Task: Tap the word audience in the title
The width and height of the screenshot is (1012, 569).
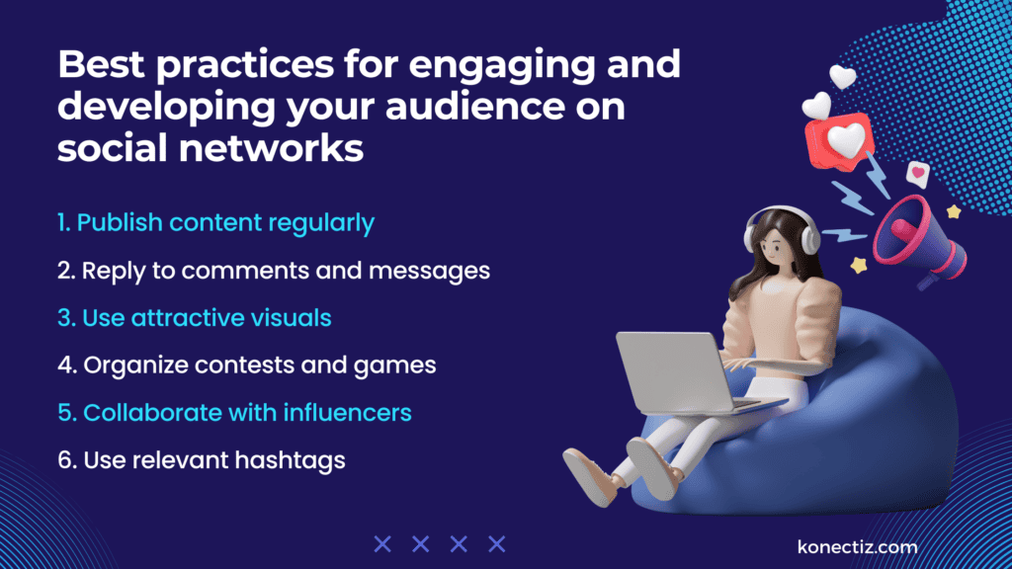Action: coord(451,107)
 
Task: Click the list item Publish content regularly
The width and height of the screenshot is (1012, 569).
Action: coord(215,223)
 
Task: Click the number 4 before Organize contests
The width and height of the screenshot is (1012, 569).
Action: coord(66,366)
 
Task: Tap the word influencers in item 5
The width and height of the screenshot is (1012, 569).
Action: coord(346,413)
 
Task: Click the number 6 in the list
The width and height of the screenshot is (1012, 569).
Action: coord(66,460)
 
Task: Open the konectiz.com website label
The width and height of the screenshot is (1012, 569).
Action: coord(857,546)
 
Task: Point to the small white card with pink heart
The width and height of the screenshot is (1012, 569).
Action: coord(918,175)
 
